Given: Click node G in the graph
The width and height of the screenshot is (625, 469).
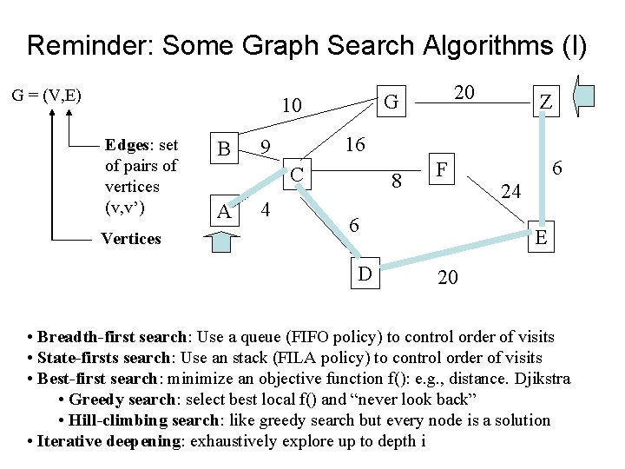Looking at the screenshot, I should coord(391,102).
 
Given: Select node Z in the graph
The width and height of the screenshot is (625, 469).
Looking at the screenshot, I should coord(544,102).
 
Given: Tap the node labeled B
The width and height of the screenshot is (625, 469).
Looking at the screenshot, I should coord(224,149).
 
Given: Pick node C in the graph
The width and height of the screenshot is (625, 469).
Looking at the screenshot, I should coord(297,175).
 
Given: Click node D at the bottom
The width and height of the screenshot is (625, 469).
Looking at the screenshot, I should coord(365,274).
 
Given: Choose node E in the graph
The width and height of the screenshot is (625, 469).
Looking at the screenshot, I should coord(541,237).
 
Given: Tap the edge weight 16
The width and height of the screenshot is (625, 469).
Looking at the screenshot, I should coord(355,144).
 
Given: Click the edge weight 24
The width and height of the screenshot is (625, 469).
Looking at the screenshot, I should coord(511,189).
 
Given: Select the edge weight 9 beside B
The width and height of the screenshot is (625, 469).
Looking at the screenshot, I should coord(269,149).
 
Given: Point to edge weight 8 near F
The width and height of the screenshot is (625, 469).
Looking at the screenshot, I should coord(396,182).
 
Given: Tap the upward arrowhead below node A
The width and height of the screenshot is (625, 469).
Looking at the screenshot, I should coord(224,244).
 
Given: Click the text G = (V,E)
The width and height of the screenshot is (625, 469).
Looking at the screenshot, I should coord(47,94).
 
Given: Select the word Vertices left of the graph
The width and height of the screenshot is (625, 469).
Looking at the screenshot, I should coord(130,238).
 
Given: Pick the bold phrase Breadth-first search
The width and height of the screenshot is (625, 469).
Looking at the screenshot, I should coord(112,336).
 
